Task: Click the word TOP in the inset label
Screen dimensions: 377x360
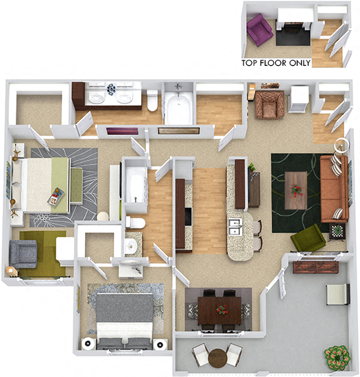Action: click(x=250, y=62)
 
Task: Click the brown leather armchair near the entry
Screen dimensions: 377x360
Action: click(x=269, y=104)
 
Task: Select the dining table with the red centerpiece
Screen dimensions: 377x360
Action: click(x=221, y=308)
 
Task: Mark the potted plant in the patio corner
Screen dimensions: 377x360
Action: click(x=337, y=356)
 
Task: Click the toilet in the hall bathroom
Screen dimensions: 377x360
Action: click(x=134, y=223)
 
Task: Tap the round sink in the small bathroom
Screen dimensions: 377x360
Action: click(x=131, y=246)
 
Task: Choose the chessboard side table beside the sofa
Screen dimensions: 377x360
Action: click(x=339, y=231)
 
